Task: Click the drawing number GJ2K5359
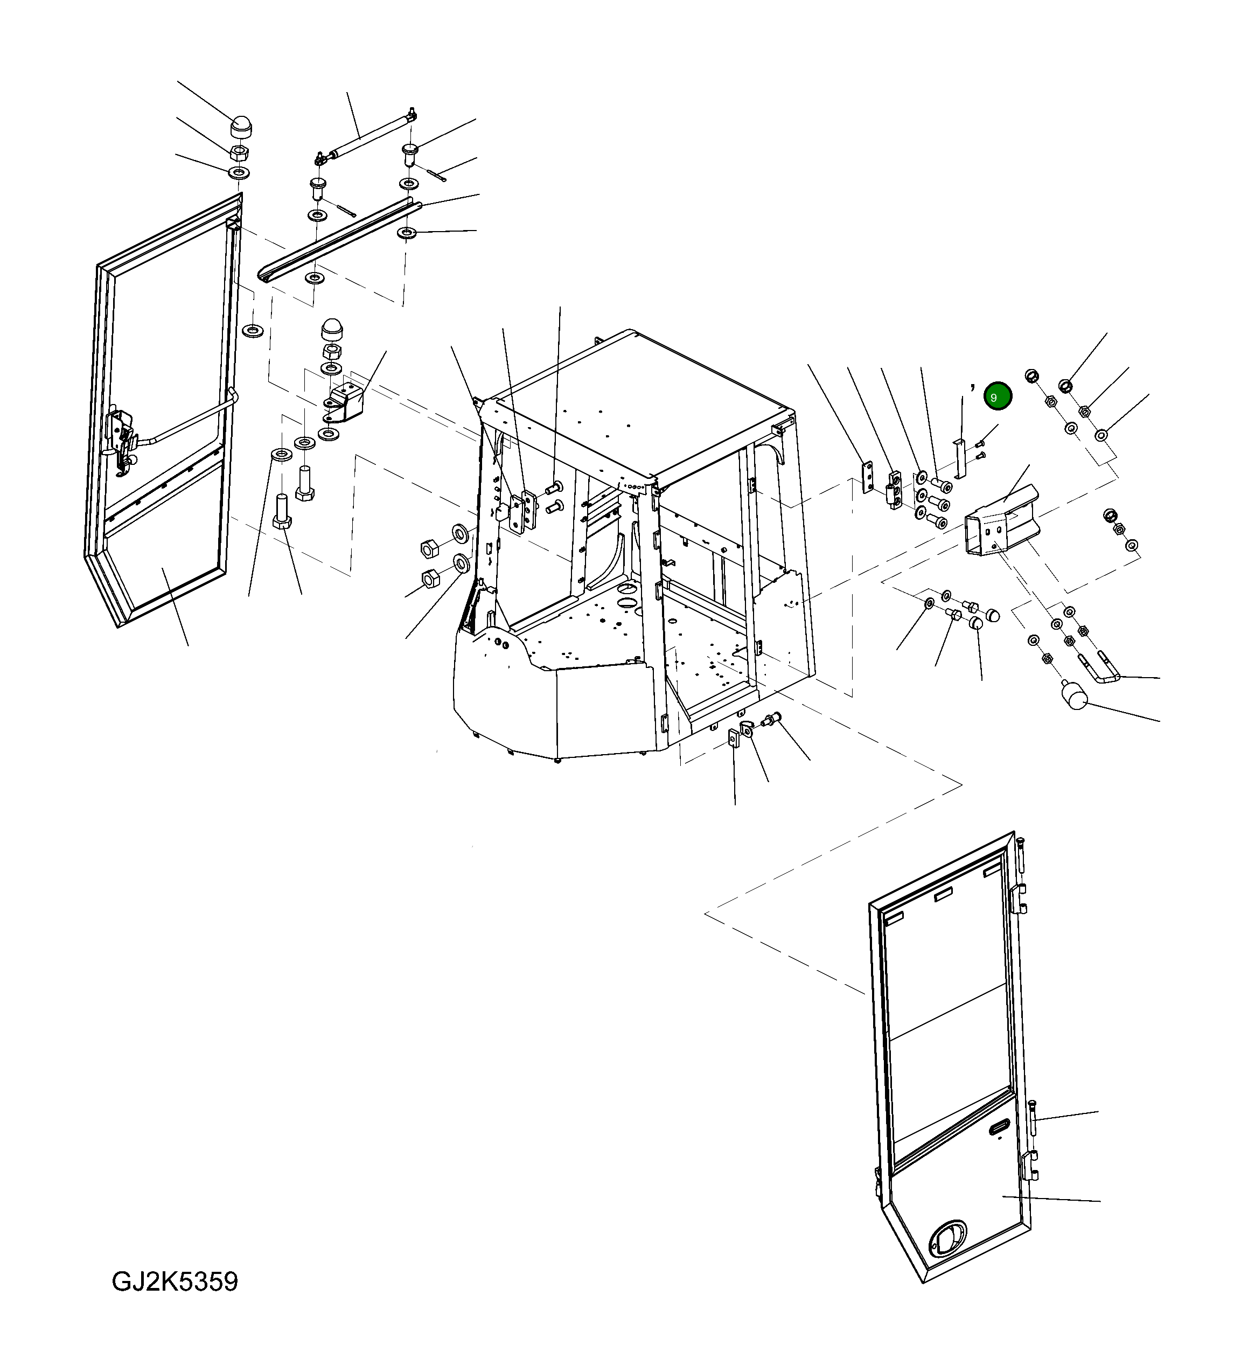click(175, 1282)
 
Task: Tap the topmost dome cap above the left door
click(240, 125)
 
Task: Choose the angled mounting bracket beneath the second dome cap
click(346, 401)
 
